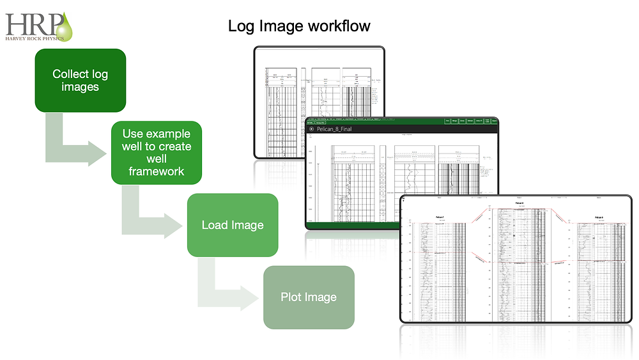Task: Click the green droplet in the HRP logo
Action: [x=65, y=26]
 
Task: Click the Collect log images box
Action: [x=80, y=81]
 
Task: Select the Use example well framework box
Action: [x=156, y=152]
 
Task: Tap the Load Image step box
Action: [x=232, y=225]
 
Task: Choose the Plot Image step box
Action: [x=309, y=297]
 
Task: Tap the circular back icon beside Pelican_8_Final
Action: [x=312, y=129]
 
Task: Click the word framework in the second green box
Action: [x=156, y=171]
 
